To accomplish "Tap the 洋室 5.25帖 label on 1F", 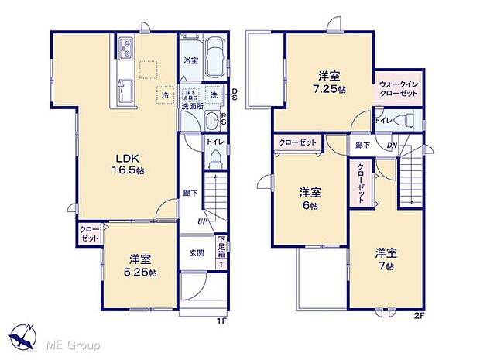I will tap(139, 265).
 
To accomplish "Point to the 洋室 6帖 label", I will tap(310, 199).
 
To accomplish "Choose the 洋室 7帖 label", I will tap(386, 259).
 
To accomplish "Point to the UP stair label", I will tap(201, 221).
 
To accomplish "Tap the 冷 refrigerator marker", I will tap(165, 94).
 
